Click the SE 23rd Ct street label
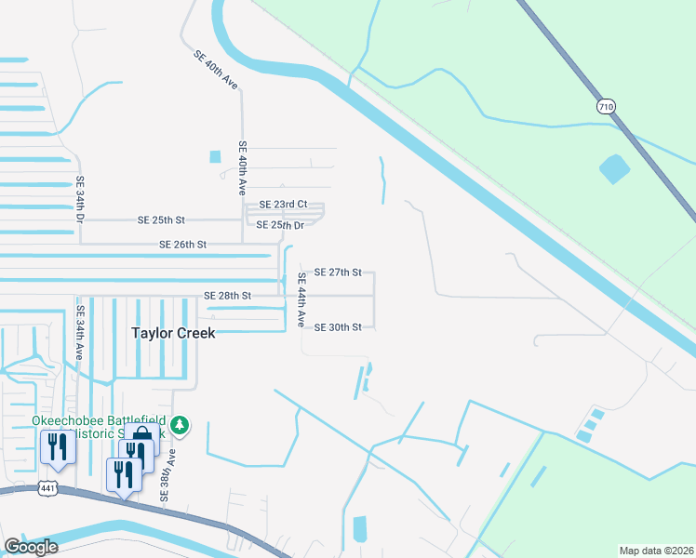pyautogui.click(x=283, y=204)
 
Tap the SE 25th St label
pyautogui.click(x=161, y=220)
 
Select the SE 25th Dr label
pyautogui.click(x=280, y=225)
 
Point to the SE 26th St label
pyautogui.click(x=182, y=245)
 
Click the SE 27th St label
pyautogui.click(x=338, y=272)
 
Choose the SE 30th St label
pyautogui.click(x=338, y=327)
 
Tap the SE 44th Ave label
pyautogui.click(x=301, y=299)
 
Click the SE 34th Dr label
pyautogui.click(x=80, y=200)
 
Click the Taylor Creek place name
pyautogui.click(x=173, y=333)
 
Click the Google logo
pyautogui.click(x=30, y=547)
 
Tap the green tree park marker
pyautogui.click(x=181, y=426)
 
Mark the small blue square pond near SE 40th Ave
pyautogui.click(x=216, y=156)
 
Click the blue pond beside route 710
pyautogui.click(x=614, y=168)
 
